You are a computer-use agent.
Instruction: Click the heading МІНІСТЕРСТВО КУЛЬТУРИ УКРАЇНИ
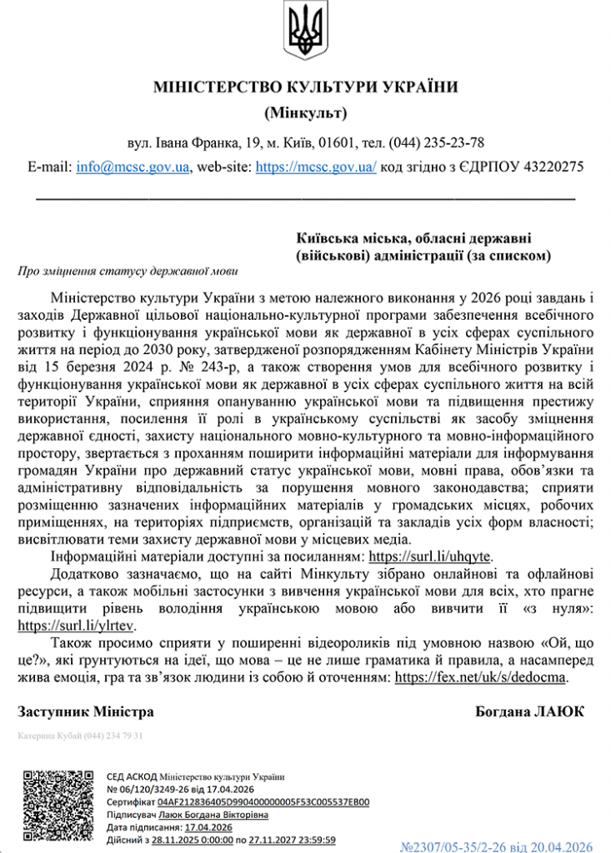tap(306, 87)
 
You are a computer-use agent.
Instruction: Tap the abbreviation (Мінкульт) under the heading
tap(305, 112)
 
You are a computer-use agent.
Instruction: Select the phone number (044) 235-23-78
tap(438, 142)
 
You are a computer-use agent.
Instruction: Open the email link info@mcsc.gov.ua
tap(132, 167)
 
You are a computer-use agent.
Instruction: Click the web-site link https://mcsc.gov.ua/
tap(316, 167)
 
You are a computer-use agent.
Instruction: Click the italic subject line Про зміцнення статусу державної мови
tap(127, 271)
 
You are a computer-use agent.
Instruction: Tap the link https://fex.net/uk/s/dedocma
tap(481, 677)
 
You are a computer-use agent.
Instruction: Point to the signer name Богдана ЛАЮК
tap(529, 712)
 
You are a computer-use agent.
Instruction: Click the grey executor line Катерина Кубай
tap(81, 736)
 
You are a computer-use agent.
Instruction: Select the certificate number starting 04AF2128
tap(263, 801)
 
